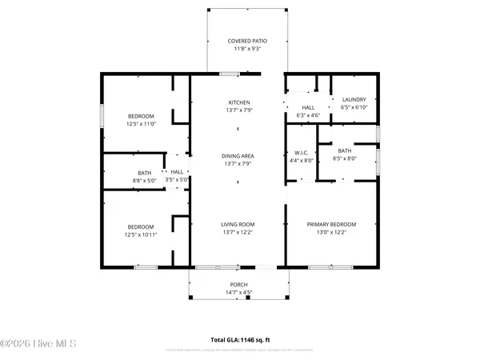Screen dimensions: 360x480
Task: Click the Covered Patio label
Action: (x=247, y=40)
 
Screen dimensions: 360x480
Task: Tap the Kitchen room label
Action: (x=239, y=102)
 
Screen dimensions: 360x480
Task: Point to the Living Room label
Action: (x=238, y=225)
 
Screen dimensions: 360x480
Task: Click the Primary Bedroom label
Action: (x=332, y=225)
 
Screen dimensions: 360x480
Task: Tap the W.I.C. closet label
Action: (x=301, y=152)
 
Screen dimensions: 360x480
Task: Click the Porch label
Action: (x=238, y=285)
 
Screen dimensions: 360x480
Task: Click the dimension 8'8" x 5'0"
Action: (x=144, y=180)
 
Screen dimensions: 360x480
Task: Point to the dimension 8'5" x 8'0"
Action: (x=345, y=158)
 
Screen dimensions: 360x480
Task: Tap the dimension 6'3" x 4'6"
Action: (x=308, y=115)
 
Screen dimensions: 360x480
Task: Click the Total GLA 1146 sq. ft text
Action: (x=245, y=340)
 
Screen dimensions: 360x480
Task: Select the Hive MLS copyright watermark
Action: (x=38, y=344)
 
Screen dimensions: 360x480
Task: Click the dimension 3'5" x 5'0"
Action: (x=177, y=180)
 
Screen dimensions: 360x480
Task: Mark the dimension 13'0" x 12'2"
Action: (x=332, y=233)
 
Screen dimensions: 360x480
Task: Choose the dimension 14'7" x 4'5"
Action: (x=238, y=293)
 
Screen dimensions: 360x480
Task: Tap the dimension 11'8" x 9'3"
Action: (x=247, y=48)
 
